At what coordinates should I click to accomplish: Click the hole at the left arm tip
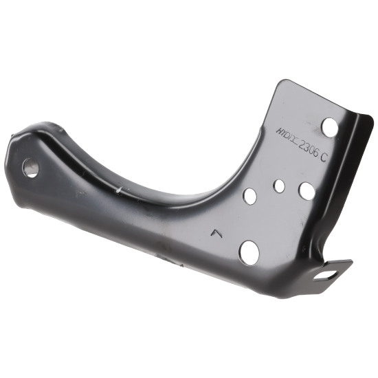pos(30,166)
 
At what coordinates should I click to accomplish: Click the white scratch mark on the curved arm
pos(122,186)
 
